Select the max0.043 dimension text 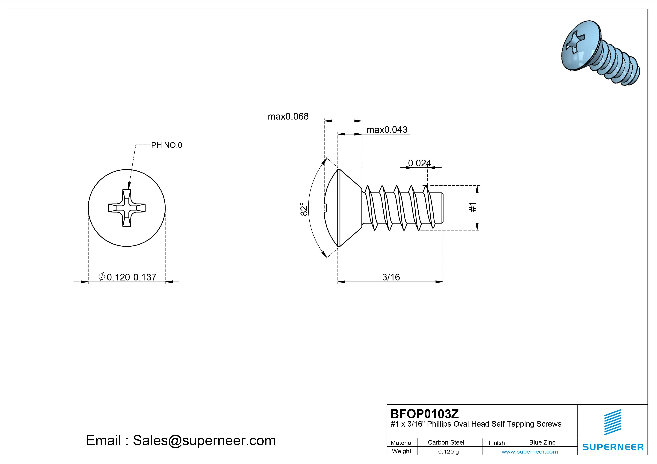click(387, 130)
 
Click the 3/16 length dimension click(391, 277)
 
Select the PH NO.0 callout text click(166, 145)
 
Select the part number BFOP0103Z click(424, 414)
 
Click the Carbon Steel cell click(446, 442)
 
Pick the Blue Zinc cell click(542, 442)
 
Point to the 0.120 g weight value click(448, 452)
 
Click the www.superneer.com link click(530, 452)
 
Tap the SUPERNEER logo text click(613, 447)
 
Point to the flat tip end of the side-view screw click(443, 208)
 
